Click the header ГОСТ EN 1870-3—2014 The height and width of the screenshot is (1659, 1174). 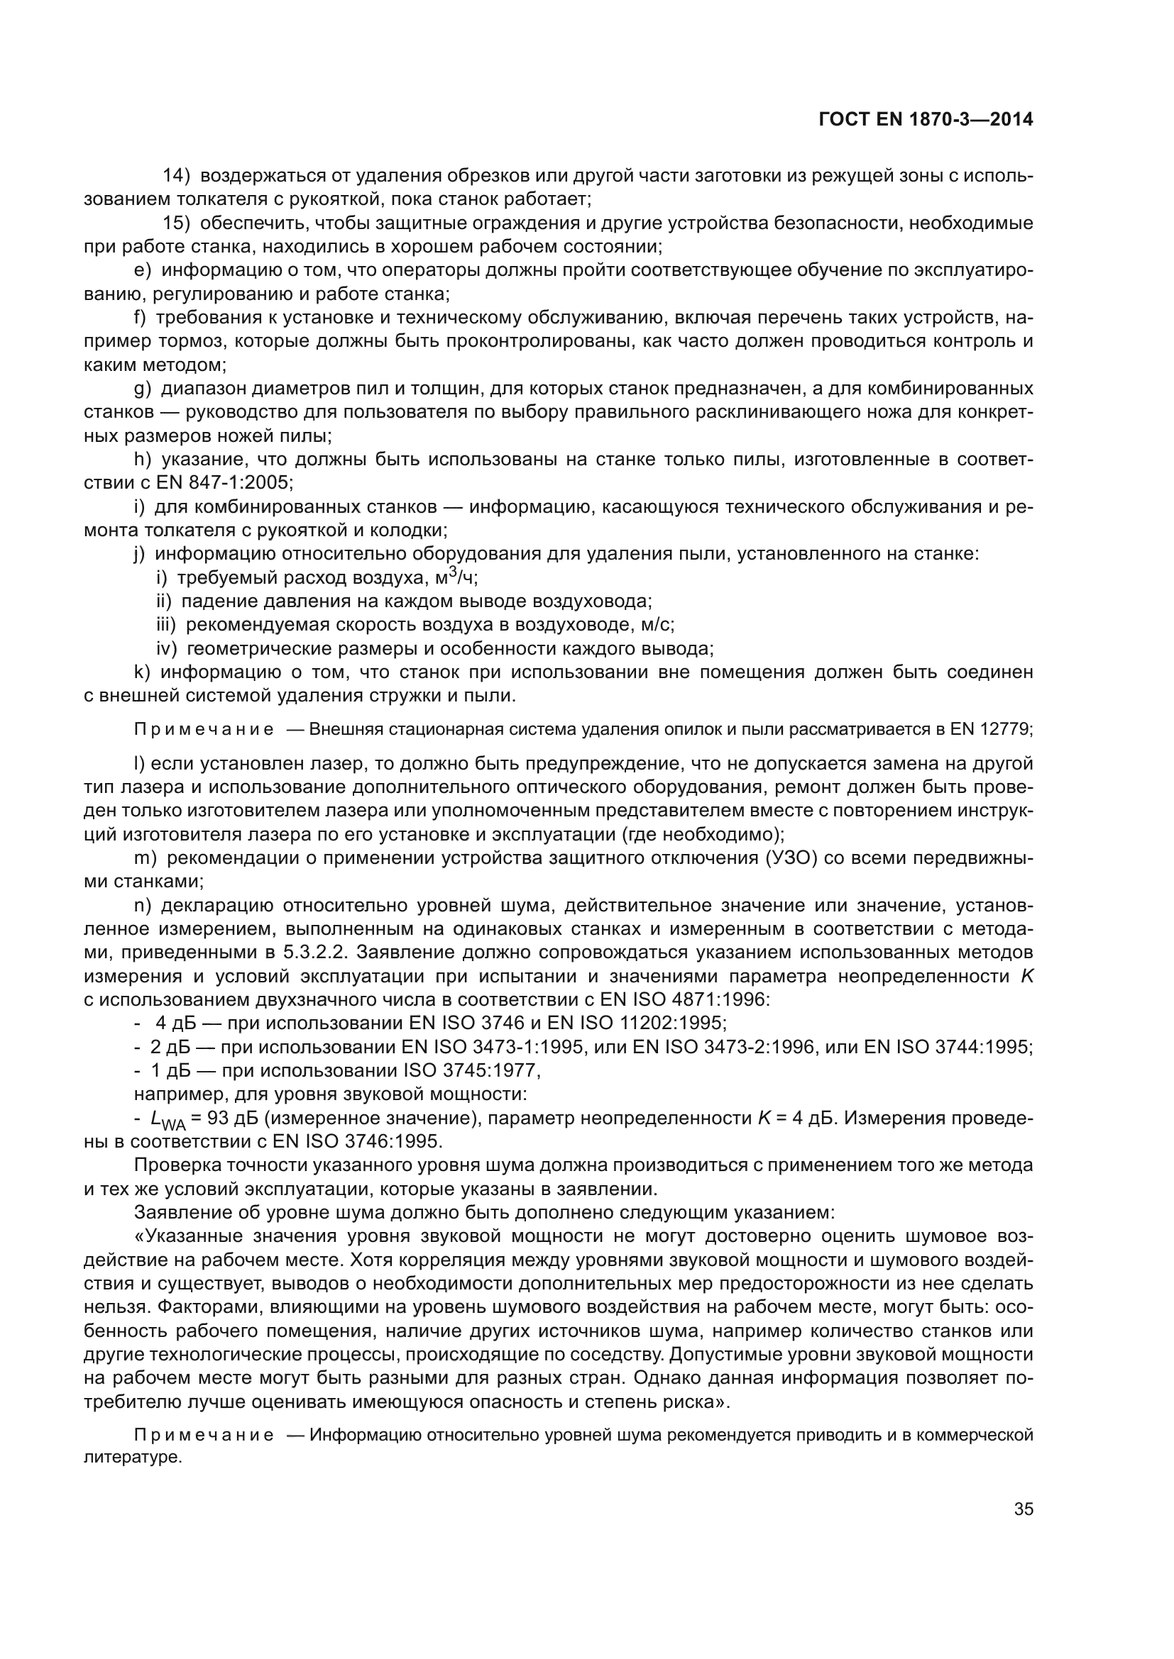(x=926, y=120)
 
